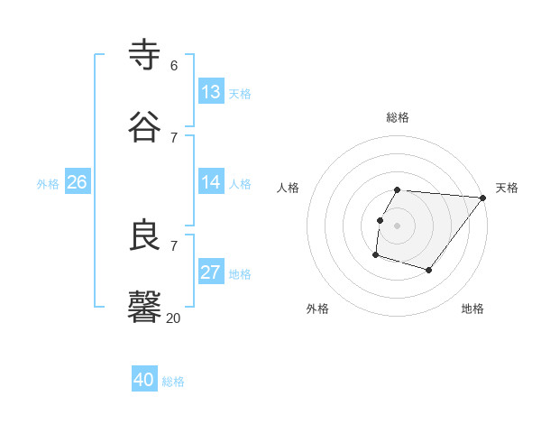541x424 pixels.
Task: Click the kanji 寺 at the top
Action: (145, 54)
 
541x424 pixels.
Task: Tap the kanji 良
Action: (145, 235)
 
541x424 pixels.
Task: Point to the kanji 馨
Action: (145, 307)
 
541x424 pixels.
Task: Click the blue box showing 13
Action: (211, 92)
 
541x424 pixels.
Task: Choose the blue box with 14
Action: (211, 182)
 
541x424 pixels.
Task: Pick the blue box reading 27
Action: (211, 272)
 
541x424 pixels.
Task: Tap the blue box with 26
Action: (77, 182)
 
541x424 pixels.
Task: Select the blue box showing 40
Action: (144, 381)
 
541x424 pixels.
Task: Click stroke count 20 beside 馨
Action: (172, 318)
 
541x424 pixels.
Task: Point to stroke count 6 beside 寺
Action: (173, 66)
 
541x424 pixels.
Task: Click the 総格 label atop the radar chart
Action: (398, 117)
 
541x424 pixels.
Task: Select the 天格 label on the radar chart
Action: (507, 188)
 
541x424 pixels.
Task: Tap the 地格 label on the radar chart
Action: (472, 309)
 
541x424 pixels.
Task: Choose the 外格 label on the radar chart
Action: (317, 309)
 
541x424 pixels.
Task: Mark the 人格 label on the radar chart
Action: (289, 188)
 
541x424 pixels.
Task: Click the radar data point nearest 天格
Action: (483, 198)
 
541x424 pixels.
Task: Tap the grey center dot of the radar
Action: (397, 225)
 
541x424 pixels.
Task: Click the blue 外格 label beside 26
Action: (48, 183)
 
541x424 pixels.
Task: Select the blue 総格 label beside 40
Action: (173, 382)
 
